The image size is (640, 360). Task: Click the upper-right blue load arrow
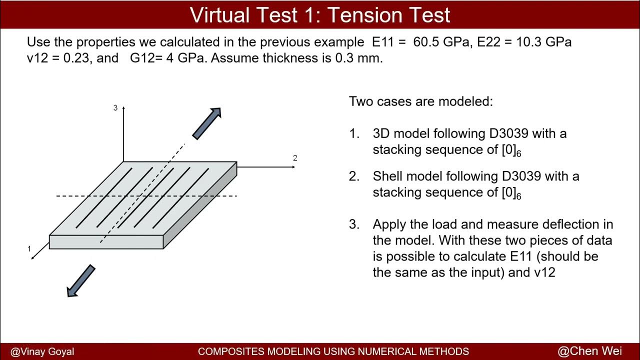point(207,123)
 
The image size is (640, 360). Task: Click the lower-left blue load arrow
point(81,280)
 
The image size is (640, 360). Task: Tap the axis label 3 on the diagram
point(115,108)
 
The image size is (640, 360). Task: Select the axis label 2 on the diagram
point(295,158)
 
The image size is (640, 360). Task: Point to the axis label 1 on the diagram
point(29,248)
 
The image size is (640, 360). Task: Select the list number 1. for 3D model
point(354,134)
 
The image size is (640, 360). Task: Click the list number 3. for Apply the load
point(354,224)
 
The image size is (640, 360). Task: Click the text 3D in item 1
point(382,134)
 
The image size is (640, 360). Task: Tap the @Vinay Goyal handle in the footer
point(42,351)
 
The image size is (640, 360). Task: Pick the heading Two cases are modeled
point(421,101)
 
